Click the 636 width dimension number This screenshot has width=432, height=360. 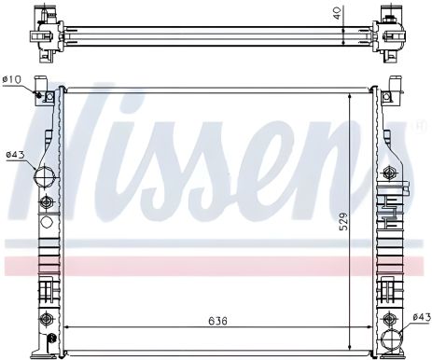(x=217, y=322)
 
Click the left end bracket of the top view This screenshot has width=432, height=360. (x=42, y=27)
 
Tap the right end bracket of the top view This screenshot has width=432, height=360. (x=390, y=26)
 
